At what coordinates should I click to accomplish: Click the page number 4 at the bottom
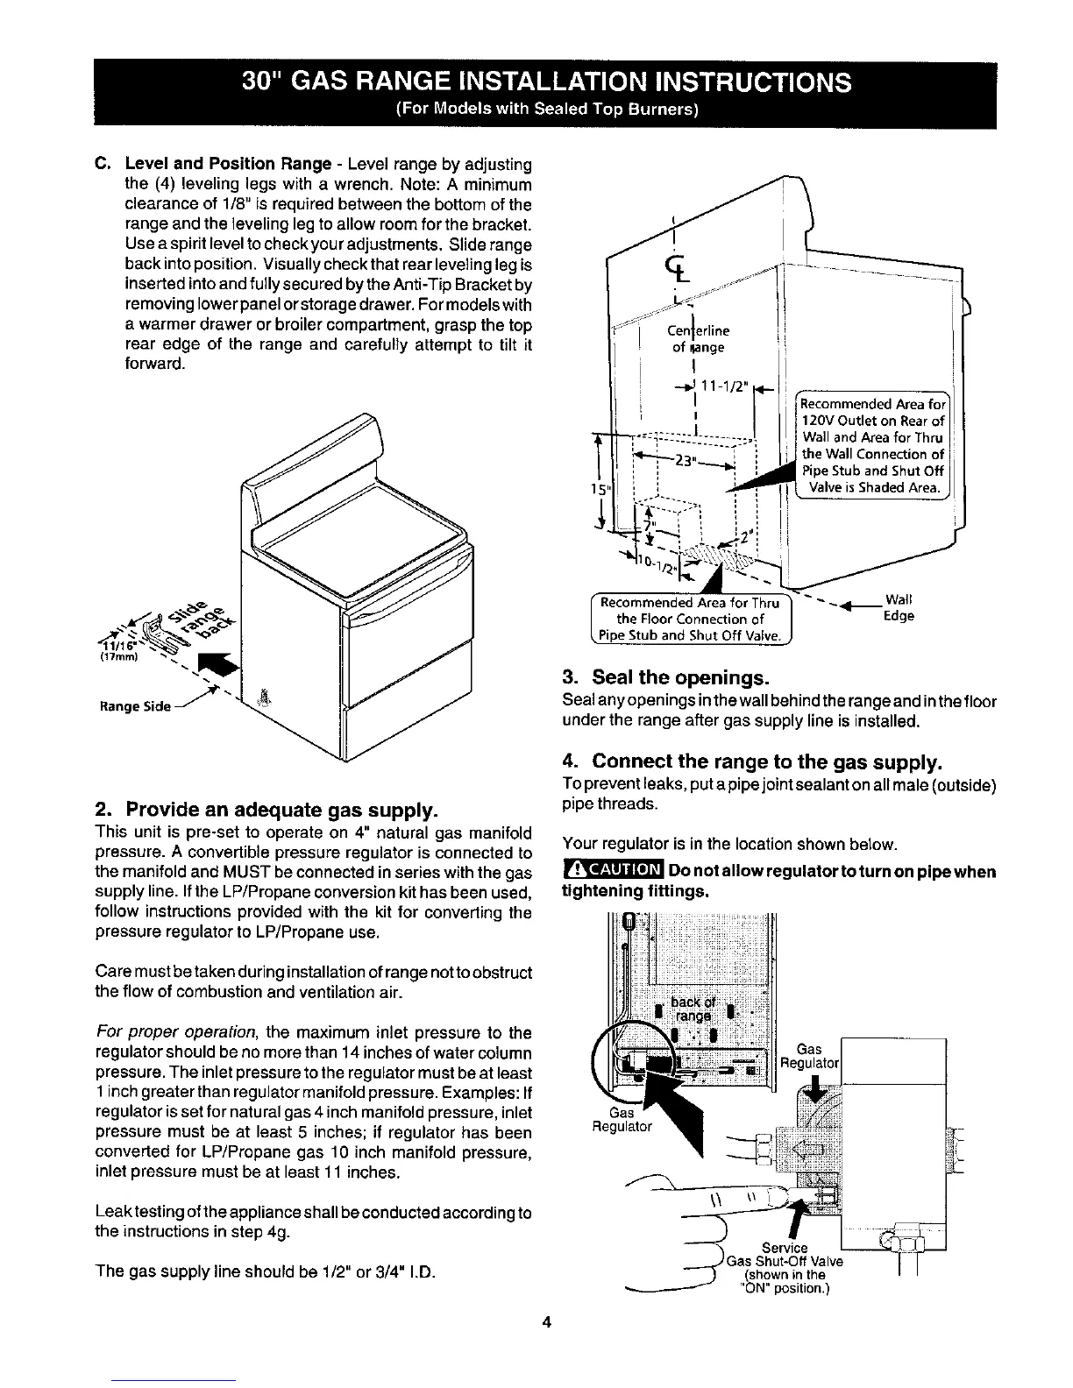545,1322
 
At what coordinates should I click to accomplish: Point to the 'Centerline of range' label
698,339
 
